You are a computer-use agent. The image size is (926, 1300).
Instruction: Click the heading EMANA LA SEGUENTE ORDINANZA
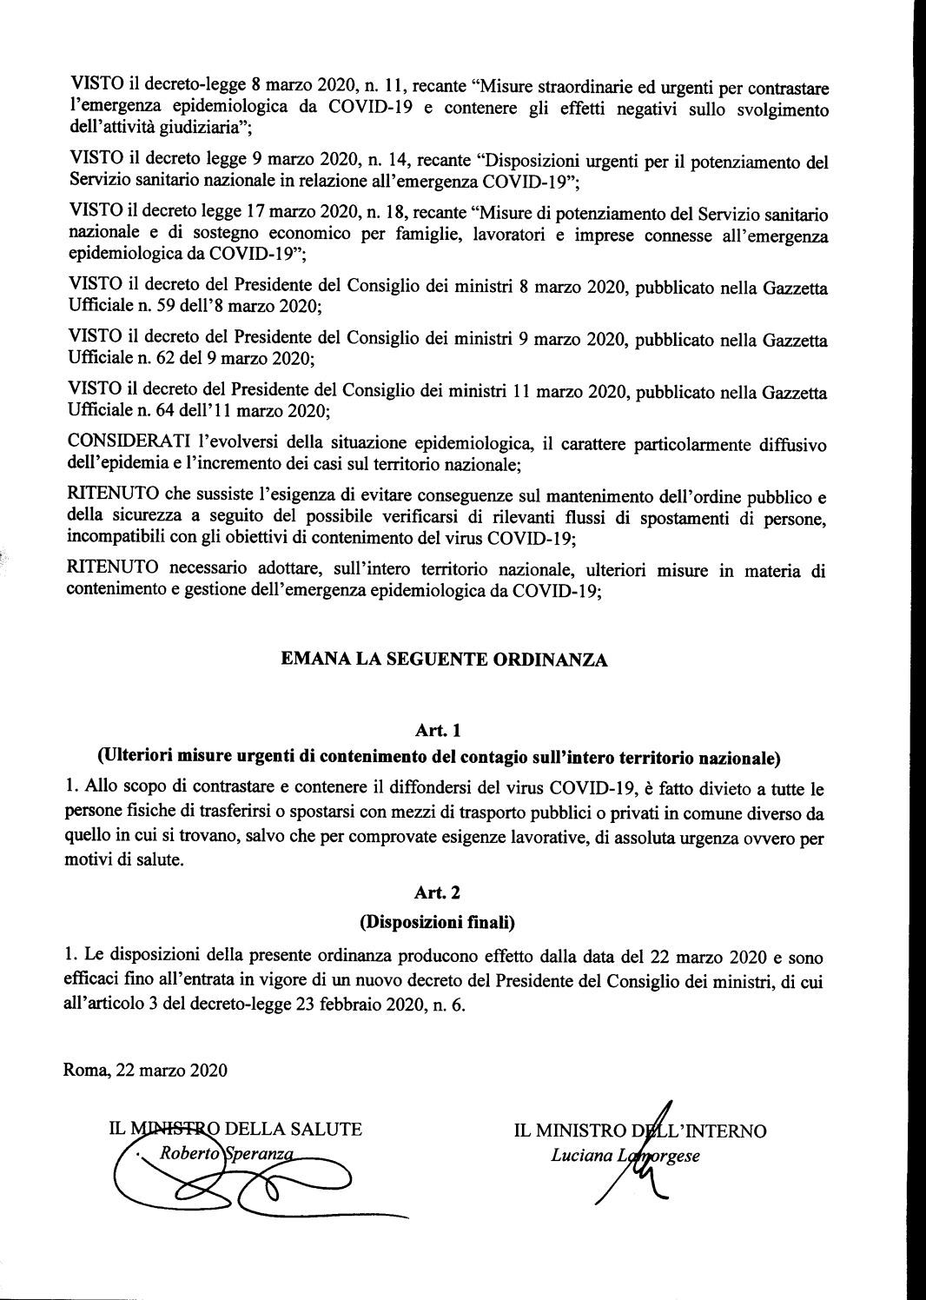point(444,660)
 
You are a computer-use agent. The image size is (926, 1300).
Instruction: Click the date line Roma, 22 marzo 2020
point(146,1070)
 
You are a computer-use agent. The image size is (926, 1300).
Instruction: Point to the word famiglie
point(476,235)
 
